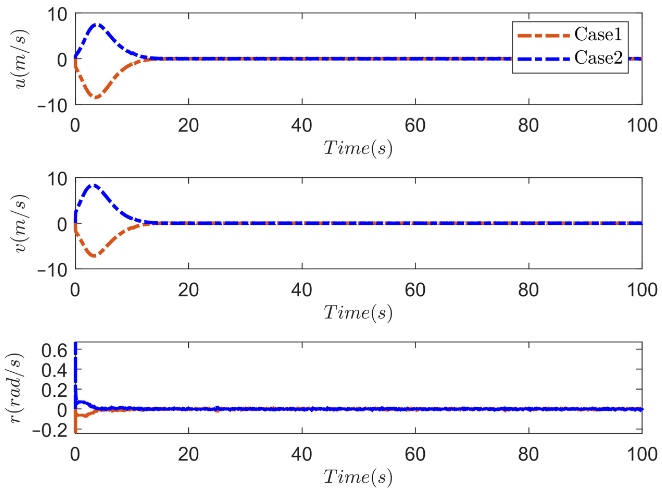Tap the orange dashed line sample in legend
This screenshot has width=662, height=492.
pos(543,35)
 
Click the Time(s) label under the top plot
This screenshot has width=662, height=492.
pos(358,147)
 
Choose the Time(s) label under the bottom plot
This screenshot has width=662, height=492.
pos(358,477)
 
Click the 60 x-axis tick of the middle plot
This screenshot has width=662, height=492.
pos(415,290)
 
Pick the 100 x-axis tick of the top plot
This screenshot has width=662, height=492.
pos(642,126)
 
